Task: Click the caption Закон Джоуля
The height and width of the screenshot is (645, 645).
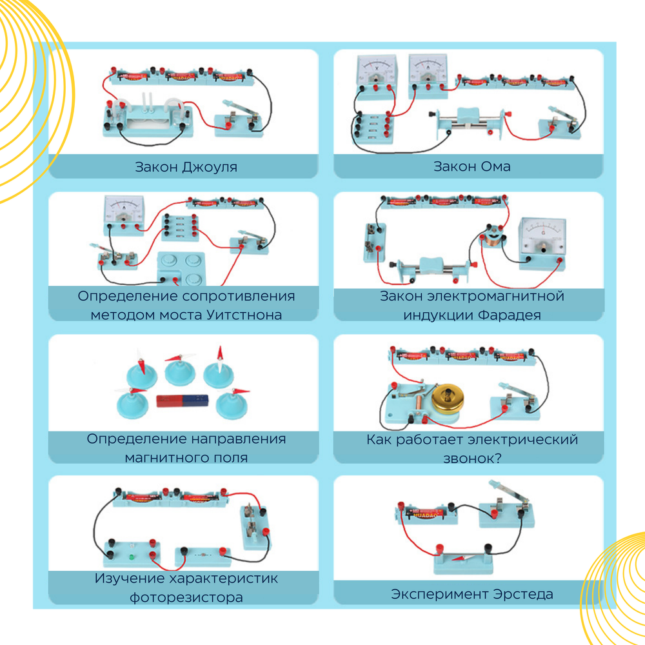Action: click(x=186, y=167)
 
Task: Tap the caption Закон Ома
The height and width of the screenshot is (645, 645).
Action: click(x=472, y=166)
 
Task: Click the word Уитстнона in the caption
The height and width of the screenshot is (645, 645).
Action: click(x=244, y=315)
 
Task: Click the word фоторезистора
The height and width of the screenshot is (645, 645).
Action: click(x=186, y=597)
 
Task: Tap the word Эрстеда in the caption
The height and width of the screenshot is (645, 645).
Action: click(x=523, y=594)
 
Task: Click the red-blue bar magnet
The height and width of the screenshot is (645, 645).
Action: click(x=183, y=401)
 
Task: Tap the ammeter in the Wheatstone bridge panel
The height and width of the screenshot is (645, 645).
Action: click(x=124, y=214)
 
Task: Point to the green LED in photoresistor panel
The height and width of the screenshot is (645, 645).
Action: click(x=131, y=557)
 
